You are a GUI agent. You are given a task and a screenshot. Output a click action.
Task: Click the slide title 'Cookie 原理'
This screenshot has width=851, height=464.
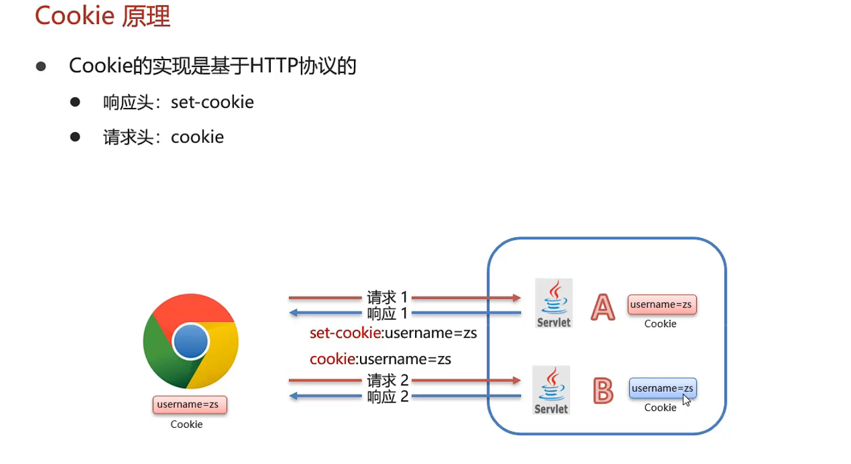[103, 16]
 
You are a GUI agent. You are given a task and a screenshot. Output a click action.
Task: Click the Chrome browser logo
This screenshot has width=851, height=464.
[191, 342]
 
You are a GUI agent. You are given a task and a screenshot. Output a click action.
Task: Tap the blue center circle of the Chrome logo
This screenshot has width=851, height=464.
[191, 342]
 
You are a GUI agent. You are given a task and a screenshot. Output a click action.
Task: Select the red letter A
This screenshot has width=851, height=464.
[603, 307]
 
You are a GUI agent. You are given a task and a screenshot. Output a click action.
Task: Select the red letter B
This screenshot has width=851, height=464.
[603, 390]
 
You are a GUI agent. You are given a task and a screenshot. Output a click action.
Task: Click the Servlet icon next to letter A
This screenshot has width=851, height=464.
[554, 303]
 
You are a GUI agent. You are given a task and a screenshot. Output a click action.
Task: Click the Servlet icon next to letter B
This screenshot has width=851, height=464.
[551, 390]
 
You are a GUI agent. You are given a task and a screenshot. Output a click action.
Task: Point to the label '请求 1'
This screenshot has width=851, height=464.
[387, 297]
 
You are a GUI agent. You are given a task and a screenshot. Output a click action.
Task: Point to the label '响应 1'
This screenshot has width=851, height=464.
[387, 313]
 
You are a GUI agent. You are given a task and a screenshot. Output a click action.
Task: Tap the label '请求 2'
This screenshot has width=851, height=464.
[387, 380]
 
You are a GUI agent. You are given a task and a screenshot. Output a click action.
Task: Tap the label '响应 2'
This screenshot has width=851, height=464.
[387, 397]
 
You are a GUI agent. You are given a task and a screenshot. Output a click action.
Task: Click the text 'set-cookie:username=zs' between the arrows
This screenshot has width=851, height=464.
[393, 333]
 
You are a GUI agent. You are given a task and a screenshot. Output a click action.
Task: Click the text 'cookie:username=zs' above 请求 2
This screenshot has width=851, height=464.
[380, 359]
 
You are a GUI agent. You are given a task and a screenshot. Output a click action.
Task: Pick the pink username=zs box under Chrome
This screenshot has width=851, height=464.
[189, 405]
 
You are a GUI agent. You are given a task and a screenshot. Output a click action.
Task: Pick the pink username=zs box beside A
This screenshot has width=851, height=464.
[662, 305]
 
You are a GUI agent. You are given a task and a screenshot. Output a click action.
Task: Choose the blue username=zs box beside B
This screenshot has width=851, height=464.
[662, 388]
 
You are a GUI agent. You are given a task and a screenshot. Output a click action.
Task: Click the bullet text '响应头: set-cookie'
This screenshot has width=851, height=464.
[179, 102]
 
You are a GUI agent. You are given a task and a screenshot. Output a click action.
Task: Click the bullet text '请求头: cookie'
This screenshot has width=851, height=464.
[163, 137]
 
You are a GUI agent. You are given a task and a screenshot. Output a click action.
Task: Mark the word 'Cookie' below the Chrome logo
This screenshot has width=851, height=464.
[186, 424]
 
